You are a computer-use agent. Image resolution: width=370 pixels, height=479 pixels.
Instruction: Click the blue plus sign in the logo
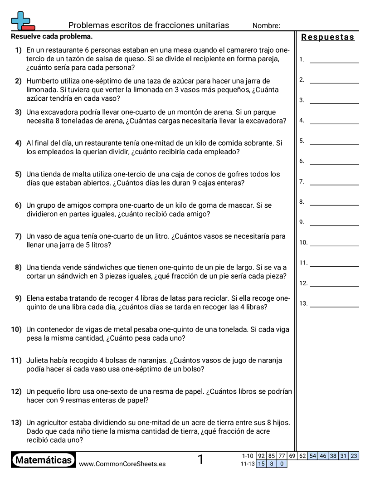click(x=19, y=20)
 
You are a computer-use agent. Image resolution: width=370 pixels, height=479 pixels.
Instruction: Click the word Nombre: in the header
click(x=266, y=25)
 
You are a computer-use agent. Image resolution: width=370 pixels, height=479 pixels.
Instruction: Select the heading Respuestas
click(x=328, y=37)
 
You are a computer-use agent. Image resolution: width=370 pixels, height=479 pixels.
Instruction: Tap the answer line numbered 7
click(x=334, y=183)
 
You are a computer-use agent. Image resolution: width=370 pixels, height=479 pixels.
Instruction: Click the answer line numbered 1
click(x=334, y=61)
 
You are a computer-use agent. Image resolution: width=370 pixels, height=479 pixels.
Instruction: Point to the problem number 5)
click(x=18, y=174)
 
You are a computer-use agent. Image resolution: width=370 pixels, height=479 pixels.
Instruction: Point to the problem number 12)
click(x=16, y=391)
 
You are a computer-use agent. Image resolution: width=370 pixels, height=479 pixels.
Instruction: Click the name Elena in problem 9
click(x=36, y=298)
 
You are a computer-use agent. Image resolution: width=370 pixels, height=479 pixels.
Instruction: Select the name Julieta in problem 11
click(x=38, y=361)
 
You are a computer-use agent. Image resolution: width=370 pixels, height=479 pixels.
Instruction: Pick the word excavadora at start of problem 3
click(x=59, y=112)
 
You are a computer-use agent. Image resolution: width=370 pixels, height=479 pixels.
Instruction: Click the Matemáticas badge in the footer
click(x=43, y=460)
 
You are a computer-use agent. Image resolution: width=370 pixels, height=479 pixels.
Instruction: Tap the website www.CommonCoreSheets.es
click(x=122, y=464)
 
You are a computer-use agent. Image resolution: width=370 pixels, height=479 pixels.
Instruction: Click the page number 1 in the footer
click(x=200, y=460)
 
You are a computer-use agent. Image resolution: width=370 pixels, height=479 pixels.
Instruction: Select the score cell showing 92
click(x=261, y=456)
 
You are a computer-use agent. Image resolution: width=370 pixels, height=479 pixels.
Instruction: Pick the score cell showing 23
click(x=354, y=456)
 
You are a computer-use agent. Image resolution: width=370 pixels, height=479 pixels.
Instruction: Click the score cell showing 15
click(x=261, y=464)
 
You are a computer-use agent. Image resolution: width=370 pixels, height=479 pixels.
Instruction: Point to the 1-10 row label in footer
click(x=248, y=456)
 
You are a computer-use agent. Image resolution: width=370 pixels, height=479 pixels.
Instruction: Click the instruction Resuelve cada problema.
click(x=52, y=36)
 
